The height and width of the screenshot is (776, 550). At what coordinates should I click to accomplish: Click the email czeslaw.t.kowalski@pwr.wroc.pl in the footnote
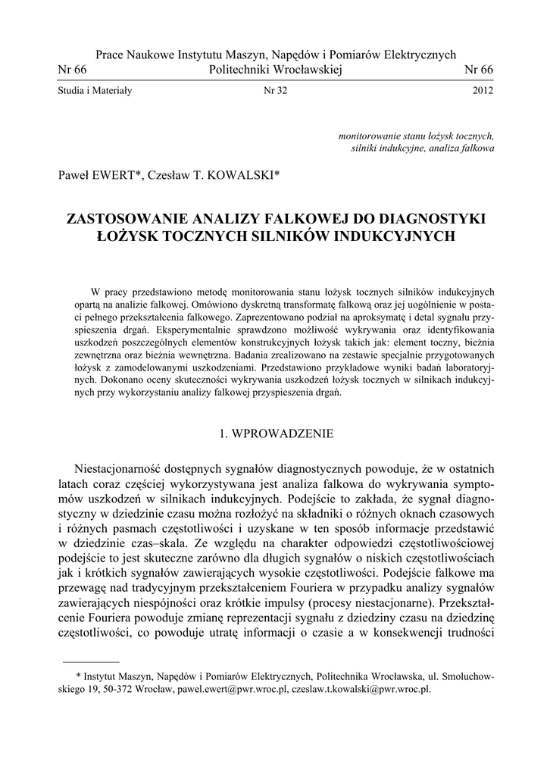pyautogui.click(x=364, y=690)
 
